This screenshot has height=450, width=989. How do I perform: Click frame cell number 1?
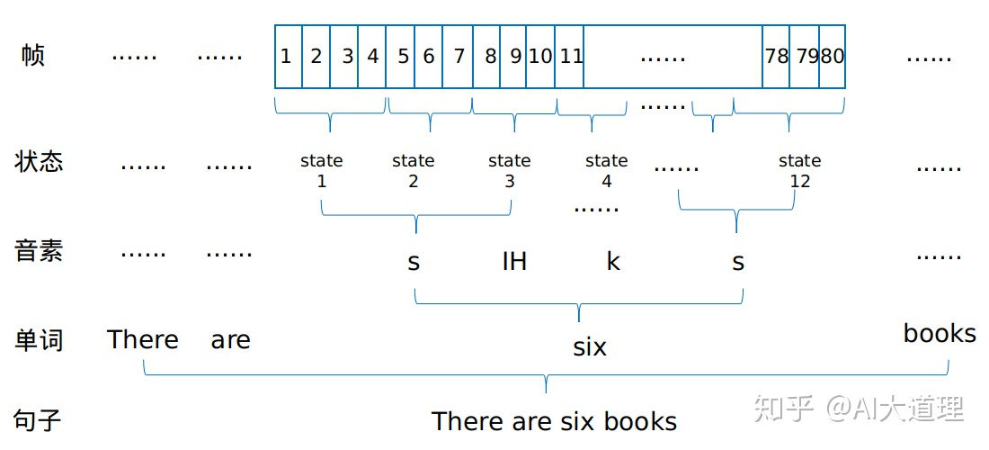pyautogui.click(x=287, y=57)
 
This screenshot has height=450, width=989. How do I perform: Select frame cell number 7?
pyautogui.click(x=459, y=57)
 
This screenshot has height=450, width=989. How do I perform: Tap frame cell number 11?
pyautogui.click(x=571, y=57)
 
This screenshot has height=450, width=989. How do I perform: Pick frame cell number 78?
pyautogui.click(x=776, y=57)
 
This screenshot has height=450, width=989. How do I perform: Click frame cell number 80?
pyautogui.click(x=833, y=57)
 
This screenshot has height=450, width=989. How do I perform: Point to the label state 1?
pyautogui.click(x=322, y=171)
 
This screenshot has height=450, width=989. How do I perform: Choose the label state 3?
pyautogui.click(x=509, y=171)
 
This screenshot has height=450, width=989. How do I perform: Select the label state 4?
pyautogui.click(x=606, y=171)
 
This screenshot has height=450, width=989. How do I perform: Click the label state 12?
pyautogui.click(x=799, y=171)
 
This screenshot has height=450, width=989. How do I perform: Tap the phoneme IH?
pyautogui.click(x=514, y=262)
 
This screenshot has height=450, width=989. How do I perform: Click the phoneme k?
pyautogui.click(x=613, y=262)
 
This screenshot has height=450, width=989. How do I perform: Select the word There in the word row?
pyautogui.click(x=143, y=340)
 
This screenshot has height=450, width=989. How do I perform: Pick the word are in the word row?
pyautogui.click(x=230, y=340)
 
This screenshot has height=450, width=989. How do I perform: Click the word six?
pyautogui.click(x=590, y=346)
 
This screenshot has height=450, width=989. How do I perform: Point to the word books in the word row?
pyautogui.click(x=940, y=334)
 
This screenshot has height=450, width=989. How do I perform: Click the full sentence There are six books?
pyautogui.click(x=554, y=421)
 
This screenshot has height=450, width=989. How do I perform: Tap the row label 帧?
pyautogui.click(x=33, y=56)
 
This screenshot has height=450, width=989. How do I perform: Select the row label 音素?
pyautogui.click(x=39, y=251)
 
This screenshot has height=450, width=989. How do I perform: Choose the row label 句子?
pyautogui.click(x=39, y=419)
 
